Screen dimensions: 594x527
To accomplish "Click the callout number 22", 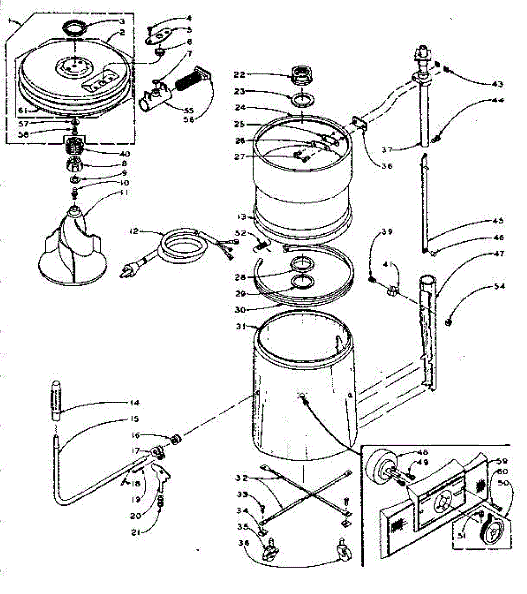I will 239,75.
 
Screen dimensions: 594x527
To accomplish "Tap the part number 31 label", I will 240,326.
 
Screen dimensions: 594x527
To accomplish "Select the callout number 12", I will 134,231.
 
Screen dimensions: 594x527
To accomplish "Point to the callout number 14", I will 134,402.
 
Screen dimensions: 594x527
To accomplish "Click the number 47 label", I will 498,254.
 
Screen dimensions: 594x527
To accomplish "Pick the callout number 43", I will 497,84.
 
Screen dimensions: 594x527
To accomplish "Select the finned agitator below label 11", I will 73,247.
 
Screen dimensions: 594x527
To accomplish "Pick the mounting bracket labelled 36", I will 359,124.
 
